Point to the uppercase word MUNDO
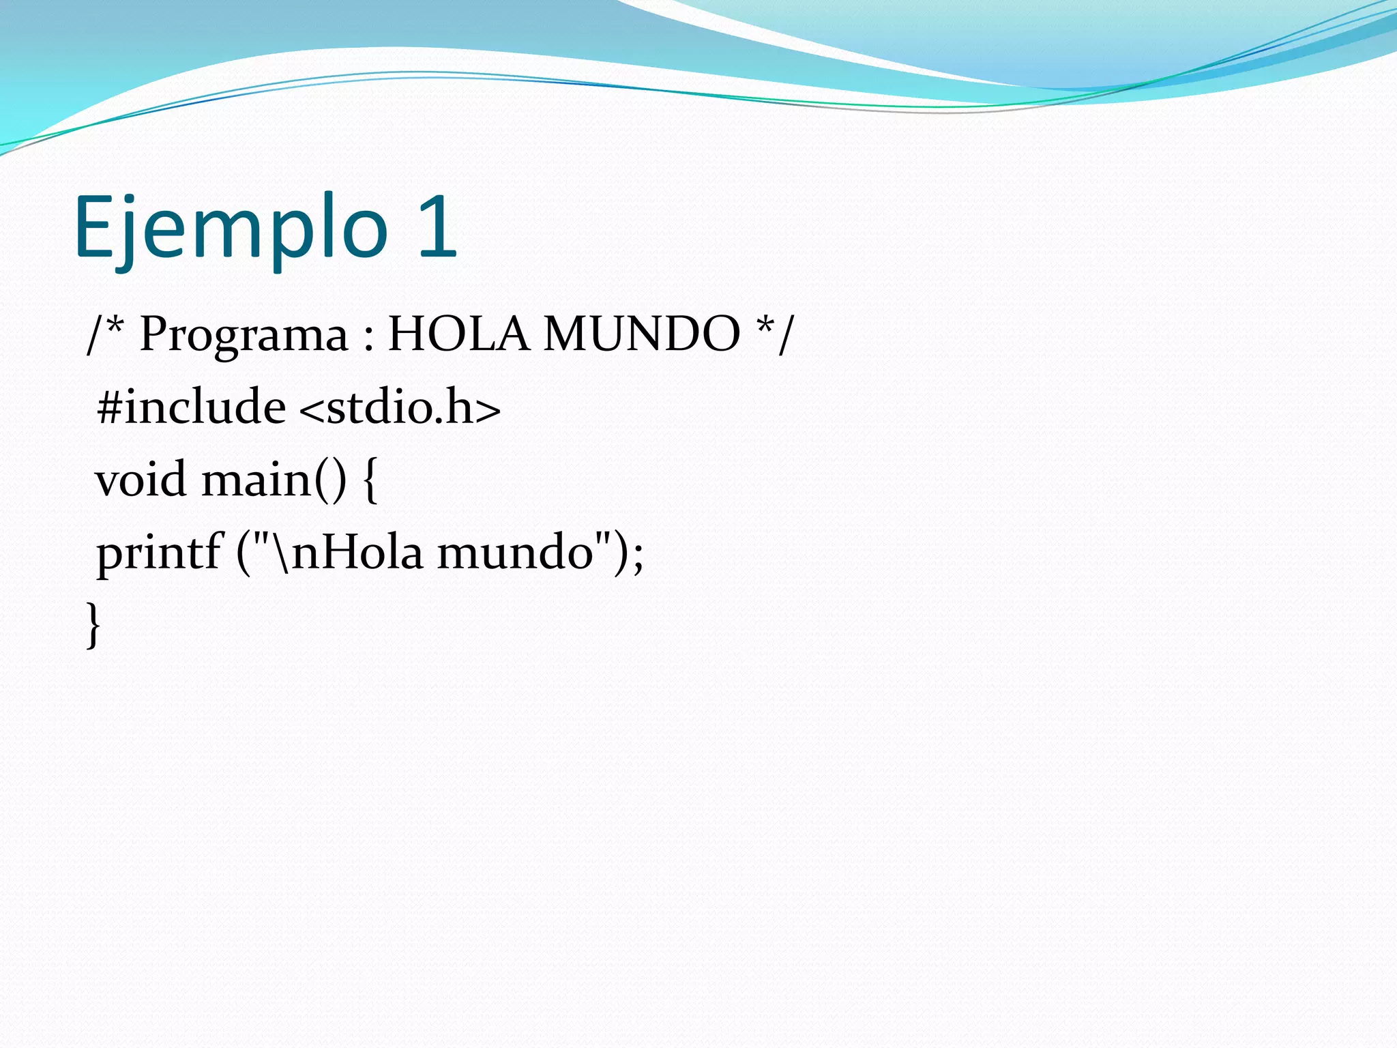click(x=641, y=334)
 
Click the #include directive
click(x=191, y=407)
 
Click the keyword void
click(x=141, y=479)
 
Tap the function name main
click(x=256, y=480)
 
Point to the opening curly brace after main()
click(x=370, y=480)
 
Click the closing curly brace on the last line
click(x=93, y=624)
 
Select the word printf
click(x=158, y=553)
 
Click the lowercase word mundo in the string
click(x=515, y=553)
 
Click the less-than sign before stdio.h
click(x=311, y=409)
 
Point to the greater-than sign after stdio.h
click(x=488, y=409)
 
